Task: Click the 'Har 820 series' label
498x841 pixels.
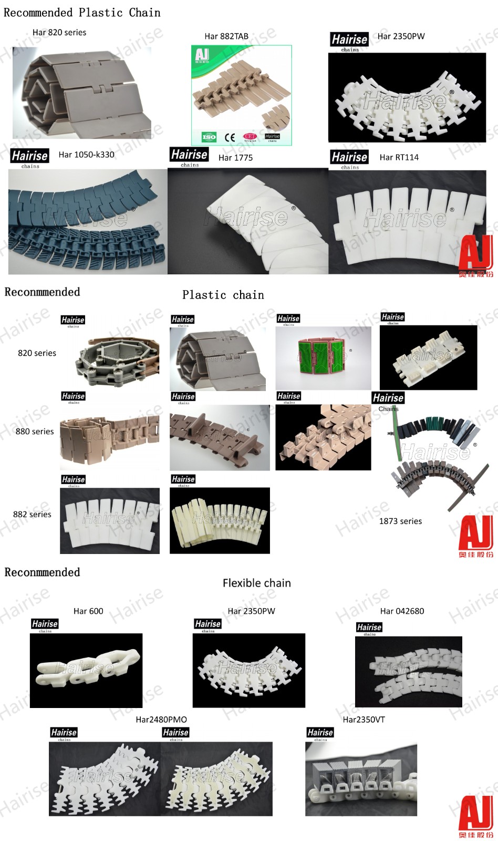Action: pos(59,33)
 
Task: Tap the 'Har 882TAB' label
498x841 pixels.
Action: pos(226,36)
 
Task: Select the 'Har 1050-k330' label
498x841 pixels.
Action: pos(86,155)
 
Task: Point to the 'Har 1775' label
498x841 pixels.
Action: pos(235,158)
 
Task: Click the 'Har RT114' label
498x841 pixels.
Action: pos(399,157)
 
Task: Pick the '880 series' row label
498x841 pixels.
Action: pos(35,432)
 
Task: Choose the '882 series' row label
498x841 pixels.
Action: pos(32,514)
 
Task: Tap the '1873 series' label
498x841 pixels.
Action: pos(400,521)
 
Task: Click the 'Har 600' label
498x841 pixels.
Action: pos(88,611)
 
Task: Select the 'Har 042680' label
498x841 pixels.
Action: pos(402,611)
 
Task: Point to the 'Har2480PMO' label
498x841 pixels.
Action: pos(161,720)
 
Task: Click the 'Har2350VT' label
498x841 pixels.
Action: pos(364,720)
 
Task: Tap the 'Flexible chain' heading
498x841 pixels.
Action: pos(256,583)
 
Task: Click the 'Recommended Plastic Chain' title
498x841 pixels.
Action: pos(82,13)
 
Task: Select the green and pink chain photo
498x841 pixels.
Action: pos(323,358)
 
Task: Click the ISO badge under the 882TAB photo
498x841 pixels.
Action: pos(209,137)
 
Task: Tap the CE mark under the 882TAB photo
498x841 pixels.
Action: pos(230,138)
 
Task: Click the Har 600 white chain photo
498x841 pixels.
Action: pos(86,670)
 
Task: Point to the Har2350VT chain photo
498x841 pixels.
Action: pos(361,780)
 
